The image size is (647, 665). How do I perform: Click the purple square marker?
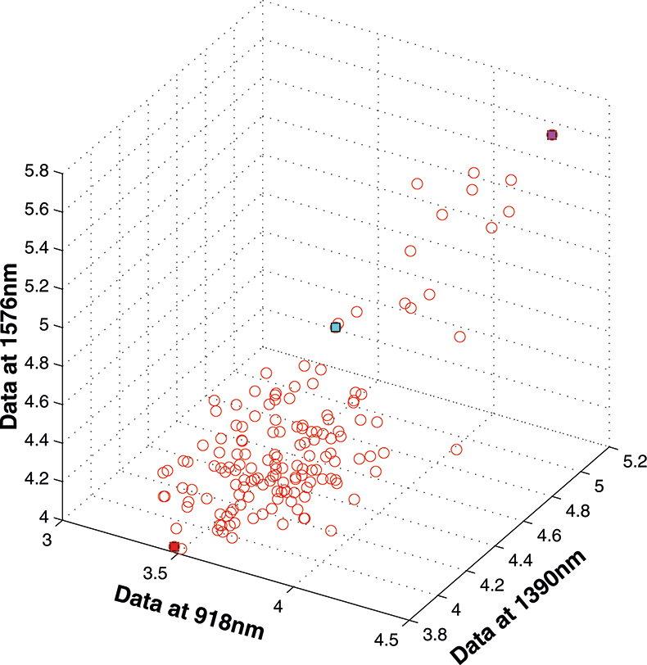click(552, 134)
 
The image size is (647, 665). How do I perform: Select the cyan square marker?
click(335, 327)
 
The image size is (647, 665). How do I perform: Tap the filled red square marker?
click(174, 546)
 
